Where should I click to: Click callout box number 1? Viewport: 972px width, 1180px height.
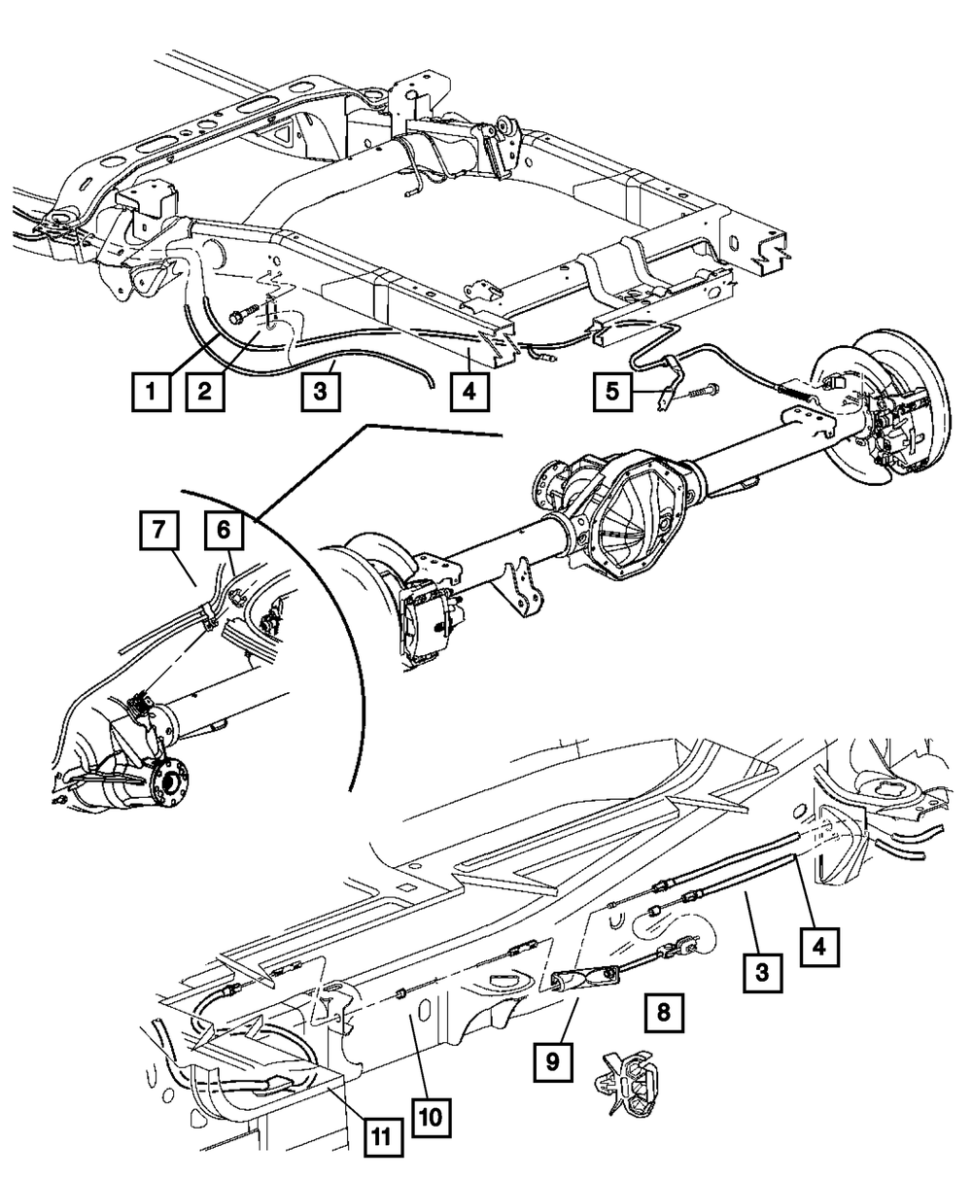coord(151,393)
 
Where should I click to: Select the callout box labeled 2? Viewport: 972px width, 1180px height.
coord(205,393)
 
